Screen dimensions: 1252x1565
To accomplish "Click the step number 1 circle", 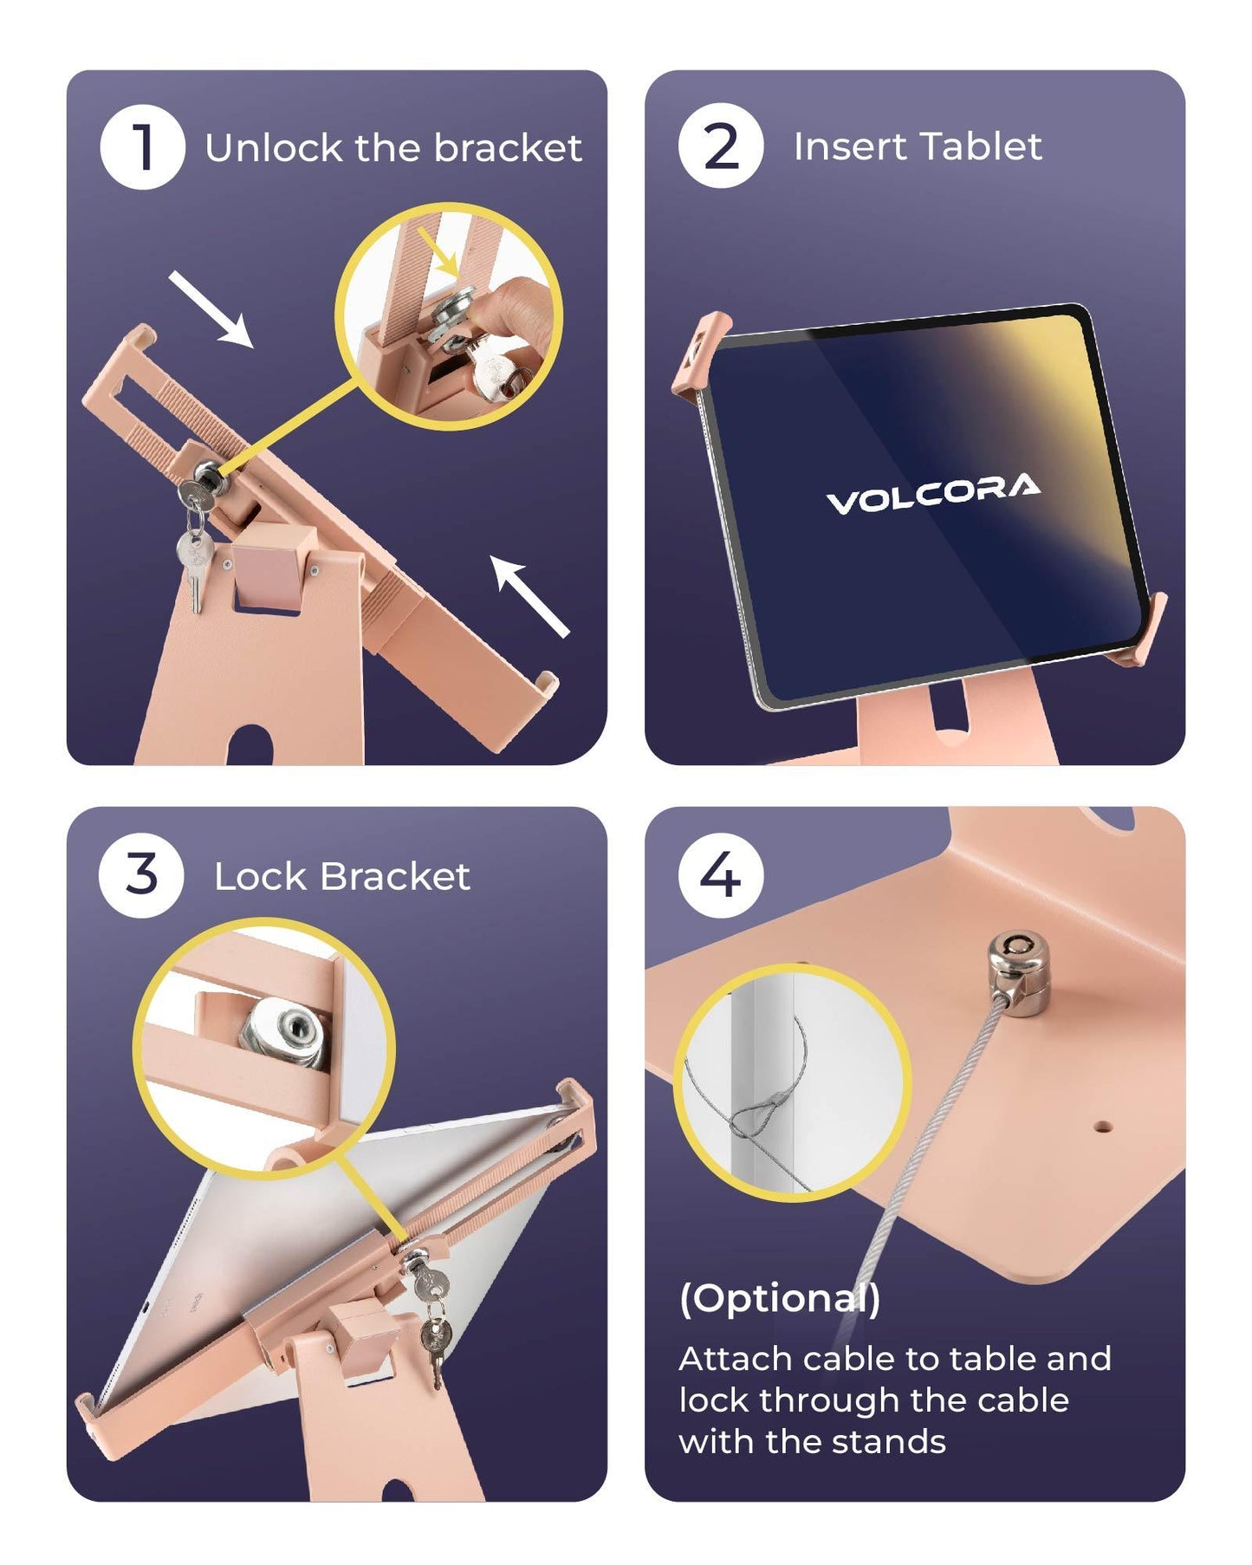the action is [x=143, y=147].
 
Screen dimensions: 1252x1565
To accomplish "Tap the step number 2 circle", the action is [x=721, y=146].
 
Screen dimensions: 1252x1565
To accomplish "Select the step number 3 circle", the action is [x=141, y=875].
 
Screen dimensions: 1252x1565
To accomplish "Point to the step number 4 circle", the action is [x=720, y=875].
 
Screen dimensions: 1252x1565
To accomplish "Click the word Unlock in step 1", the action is [x=274, y=148].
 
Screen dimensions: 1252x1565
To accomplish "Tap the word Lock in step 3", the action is [x=260, y=876].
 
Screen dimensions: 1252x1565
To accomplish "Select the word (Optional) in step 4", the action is [x=780, y=1299].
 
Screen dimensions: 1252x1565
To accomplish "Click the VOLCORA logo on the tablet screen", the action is [x=933, y=493].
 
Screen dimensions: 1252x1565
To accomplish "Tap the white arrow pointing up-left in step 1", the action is [x=529, y=596].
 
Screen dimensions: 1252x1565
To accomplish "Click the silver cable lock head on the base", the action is [x=1019, y=970].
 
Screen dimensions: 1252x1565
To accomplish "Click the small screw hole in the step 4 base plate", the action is [x=1102, y=1127].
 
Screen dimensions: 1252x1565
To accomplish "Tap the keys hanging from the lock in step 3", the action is [x=431, y=1322].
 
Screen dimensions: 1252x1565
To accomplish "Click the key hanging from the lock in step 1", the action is [x=196, y=555].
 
